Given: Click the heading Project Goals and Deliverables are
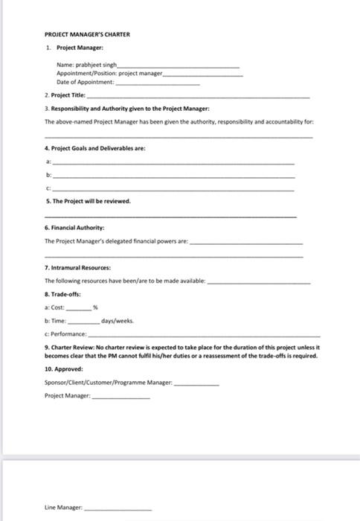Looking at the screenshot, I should [95, 149].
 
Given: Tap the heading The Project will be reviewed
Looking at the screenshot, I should [88, 201].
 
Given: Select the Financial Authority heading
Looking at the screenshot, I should [74, 226].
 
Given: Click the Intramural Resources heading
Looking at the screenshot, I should [77, 266].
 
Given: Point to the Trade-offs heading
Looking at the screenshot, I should [64, 294].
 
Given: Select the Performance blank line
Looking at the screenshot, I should [201, 336].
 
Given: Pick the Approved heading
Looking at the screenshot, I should [64, 368].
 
